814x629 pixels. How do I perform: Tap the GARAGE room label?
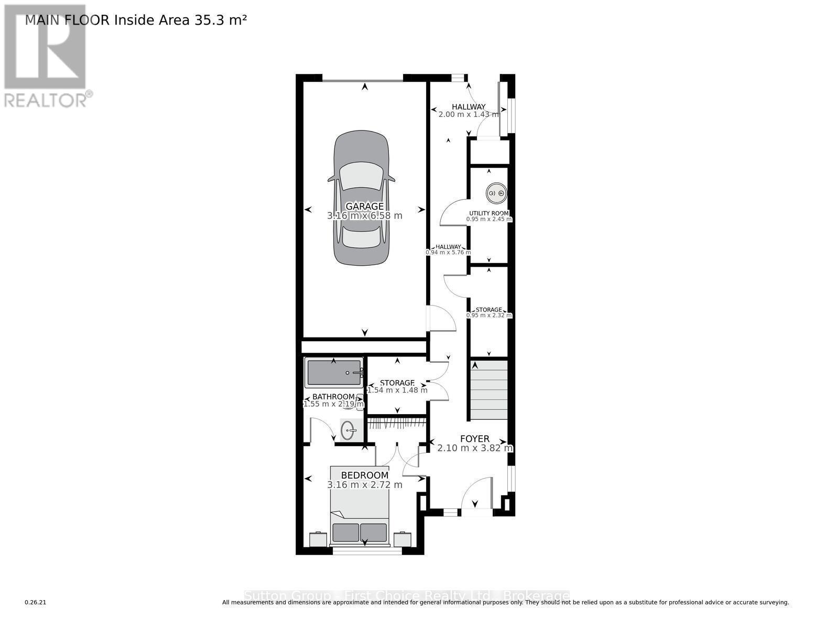(364, 207)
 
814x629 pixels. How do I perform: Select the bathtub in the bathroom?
(334, 373)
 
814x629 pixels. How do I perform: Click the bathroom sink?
(348, 431)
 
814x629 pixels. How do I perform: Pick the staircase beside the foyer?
(489, 390)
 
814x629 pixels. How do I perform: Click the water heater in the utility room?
(496, 193)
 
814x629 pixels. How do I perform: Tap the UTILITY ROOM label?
(489, 213)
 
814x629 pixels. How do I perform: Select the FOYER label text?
(474, 439)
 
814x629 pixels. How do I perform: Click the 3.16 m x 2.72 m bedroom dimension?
(365, 485)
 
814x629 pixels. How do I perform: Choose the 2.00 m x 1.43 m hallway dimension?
(468, 114)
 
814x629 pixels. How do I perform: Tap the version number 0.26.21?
(36, 602)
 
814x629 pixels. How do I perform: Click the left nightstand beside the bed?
(318, 539)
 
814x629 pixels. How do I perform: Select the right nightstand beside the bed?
(403, 539)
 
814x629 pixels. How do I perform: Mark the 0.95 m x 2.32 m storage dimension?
(489, 316)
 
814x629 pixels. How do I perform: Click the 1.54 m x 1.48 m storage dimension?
(397, 390)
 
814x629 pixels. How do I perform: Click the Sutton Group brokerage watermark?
(406, 596)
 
